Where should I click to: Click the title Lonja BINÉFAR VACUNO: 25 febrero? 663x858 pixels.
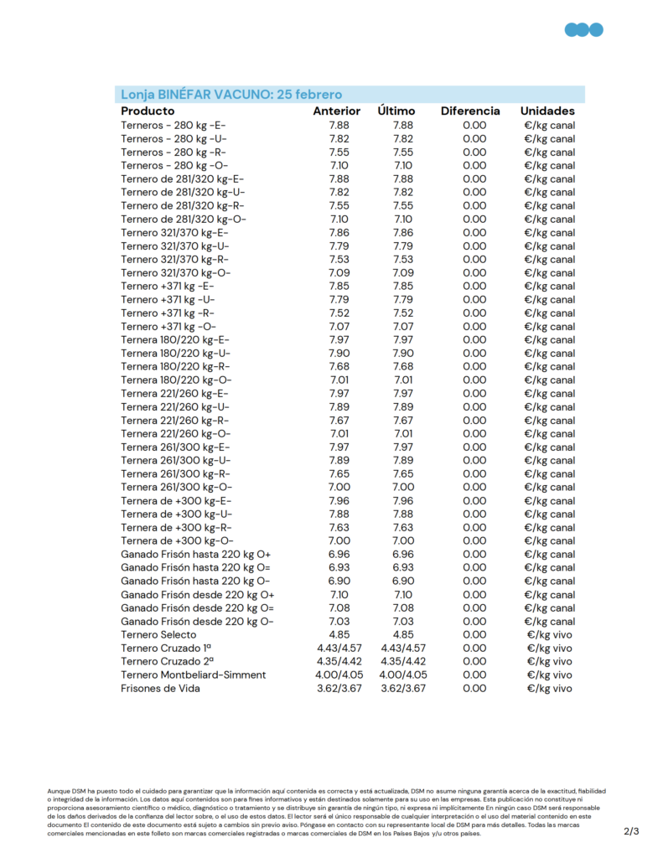(x=231, y=95)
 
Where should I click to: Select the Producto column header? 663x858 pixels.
(x=148, y=111)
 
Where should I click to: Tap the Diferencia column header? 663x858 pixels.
(x=470, y=111)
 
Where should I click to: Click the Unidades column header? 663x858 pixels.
(x=547, y=111)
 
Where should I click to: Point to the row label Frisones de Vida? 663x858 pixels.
(x=160, y=688)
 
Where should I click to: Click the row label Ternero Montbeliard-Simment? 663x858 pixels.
(x=193, y=675)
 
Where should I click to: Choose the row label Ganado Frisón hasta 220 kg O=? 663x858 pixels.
(x=197, y=567)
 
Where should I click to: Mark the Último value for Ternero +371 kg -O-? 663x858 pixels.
(x=402, y=326)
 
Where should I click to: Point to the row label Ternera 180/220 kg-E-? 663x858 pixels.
(x=174, y=339)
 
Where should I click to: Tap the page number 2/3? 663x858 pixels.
(x=631, y=831)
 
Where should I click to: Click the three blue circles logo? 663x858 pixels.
(x=583, y=30)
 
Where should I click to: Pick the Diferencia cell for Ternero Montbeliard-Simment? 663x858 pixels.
(x=474, y=675)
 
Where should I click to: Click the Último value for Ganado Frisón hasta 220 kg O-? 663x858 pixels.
(x=402, y=581)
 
